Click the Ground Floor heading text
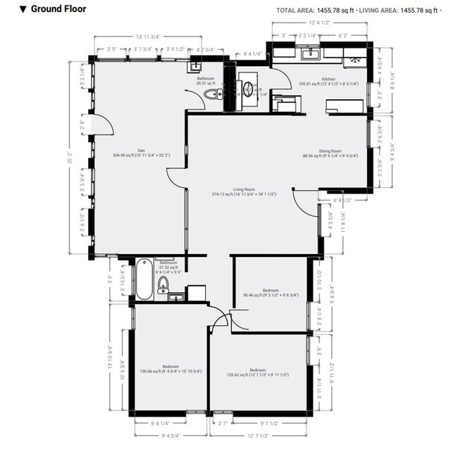(x=48, y=10)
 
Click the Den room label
(x=142, y=150)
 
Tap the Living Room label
(x=244, y=189)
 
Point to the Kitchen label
(x=328, y=78)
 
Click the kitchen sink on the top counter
(x=310, y=53)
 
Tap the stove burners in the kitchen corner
(x=354, y=61)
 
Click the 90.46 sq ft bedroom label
(x=271, y=290)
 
